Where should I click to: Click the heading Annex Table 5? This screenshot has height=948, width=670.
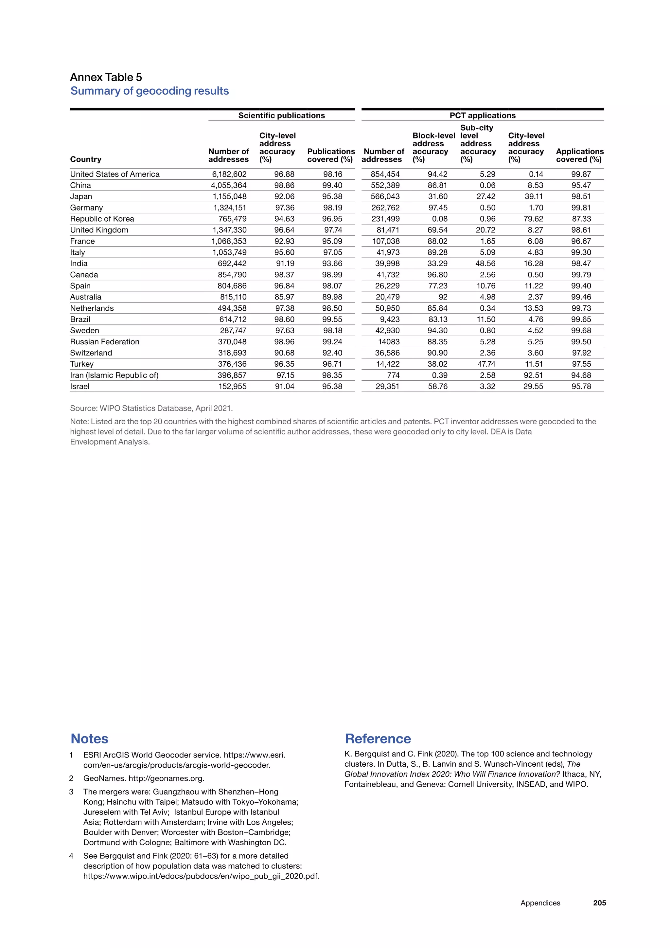[106, 77]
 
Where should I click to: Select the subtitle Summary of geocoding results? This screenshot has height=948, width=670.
[150, 91]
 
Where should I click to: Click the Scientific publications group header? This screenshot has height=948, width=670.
[281, 116]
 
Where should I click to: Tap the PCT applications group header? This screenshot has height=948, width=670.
[482, 116]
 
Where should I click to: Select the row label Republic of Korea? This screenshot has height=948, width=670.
[102, 219]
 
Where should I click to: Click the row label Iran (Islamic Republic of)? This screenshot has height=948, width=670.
[114, 375]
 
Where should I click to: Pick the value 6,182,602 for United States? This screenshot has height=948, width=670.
[229, 174]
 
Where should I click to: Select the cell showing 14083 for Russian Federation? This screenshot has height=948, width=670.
[389, 342]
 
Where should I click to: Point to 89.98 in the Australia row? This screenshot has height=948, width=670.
[332, 297]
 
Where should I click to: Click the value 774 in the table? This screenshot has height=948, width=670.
[393, 375]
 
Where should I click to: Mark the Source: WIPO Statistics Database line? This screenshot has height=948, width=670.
[151, 408]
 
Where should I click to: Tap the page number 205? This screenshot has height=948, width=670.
[599, 903]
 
